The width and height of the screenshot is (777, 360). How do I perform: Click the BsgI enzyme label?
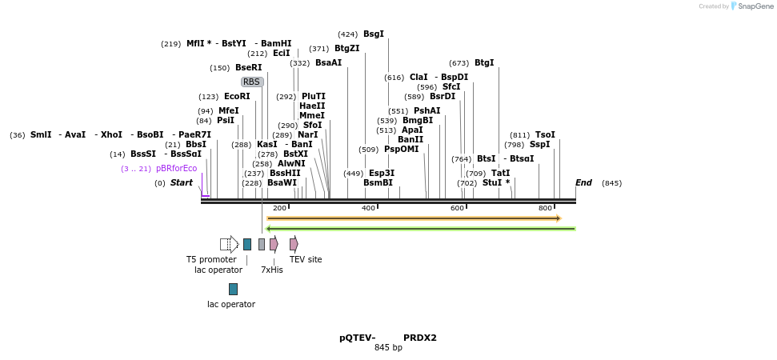(373, 34)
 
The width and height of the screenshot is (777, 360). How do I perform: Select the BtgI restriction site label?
(484, 63)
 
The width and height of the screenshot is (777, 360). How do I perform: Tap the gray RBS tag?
(251, 82)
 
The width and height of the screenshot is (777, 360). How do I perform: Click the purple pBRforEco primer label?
(176, 169)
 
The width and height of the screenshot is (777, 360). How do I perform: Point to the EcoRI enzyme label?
(237, 97)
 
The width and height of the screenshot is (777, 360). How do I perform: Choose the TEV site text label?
(306, 259)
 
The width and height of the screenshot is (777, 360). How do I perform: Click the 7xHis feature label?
(272, 270)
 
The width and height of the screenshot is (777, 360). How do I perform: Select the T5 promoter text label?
(211, 259)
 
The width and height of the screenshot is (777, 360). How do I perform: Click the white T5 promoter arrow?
(229, 244)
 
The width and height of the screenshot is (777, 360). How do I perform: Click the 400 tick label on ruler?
(369, 209)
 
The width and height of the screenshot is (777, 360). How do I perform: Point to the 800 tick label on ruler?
(545, 209)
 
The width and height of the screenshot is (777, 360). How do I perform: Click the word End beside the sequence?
(583, 183)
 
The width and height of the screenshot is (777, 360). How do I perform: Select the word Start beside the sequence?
(182, 183)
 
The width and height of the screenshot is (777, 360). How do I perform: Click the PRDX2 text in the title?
(420, 338)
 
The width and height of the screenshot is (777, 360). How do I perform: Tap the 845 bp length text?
(388, 348)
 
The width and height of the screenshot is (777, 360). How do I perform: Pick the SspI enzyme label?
(540, 145)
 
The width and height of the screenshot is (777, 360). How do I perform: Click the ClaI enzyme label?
(419, 78)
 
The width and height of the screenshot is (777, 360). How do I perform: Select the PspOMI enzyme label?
(401, 150)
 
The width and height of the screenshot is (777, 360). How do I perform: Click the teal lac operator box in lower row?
(233, 289)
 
